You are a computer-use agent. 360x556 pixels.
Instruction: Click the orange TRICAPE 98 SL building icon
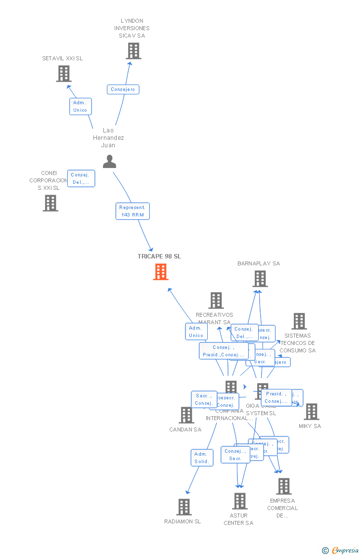coord(161,272)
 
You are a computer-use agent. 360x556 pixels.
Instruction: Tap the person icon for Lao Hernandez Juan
coord(109,162)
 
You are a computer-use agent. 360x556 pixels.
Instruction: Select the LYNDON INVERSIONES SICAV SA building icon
coord(133,51)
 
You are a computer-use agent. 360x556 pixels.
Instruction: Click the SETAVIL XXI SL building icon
coord(63,74)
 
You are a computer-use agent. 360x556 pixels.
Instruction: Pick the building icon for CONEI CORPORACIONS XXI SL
coord(50,203)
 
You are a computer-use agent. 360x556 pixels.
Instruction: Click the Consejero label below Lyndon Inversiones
coord(123,89)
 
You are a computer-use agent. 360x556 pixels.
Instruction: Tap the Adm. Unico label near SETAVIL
coord(80,106)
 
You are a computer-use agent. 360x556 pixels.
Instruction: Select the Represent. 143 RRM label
coord(133,211)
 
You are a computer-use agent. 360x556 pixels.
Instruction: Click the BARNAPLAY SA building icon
coord(260,279)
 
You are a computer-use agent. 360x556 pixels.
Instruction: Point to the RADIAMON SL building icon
coord(183,507)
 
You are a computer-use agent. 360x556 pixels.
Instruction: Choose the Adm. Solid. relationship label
coord(202,458)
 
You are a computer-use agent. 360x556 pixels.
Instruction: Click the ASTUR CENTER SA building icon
coord(240,501)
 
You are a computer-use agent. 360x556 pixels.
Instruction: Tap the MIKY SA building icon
coord(311,412)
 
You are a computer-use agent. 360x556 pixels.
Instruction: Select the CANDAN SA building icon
coord(186,415)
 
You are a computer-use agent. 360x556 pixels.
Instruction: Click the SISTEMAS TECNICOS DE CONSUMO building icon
coord(299,321)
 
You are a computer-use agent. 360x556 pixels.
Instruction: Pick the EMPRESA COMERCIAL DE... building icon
coord(283,486)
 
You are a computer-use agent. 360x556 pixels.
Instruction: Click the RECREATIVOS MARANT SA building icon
coord(216,300)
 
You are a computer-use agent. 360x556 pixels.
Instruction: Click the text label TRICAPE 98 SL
coord(159,257)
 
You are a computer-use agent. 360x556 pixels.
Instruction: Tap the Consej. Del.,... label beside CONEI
coord(81,178)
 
